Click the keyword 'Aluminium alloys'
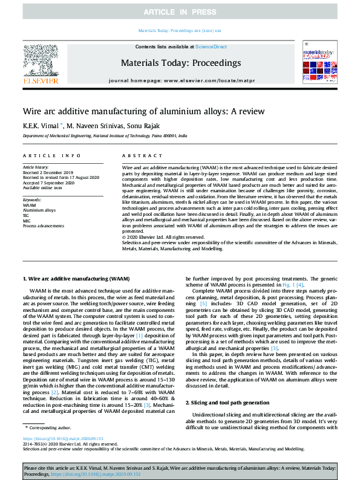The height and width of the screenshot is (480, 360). tap(39, 210)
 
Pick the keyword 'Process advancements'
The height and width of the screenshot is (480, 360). tap(44, 225)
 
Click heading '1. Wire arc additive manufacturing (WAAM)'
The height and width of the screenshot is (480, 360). tap(76, 279)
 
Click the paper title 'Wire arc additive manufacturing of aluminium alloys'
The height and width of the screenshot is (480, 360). tap(143, 111)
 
